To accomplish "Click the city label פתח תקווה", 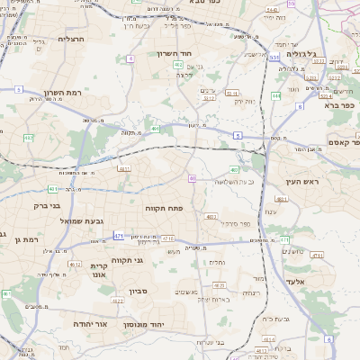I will pyautogui.click(x=164, y=207).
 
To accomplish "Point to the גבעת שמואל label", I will pyautogui.click(x=58, y=220).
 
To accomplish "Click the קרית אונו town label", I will pyautogui.click(x=99, y=270).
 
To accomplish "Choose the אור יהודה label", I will pyautogui.click(x=88, y=322).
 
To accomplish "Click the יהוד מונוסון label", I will pyautogui.click(x=166, y=322).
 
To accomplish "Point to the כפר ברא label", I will pyautogui.click(x=340, y=105).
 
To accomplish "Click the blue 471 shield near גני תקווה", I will pyautogui.click(x=119, y=236).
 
